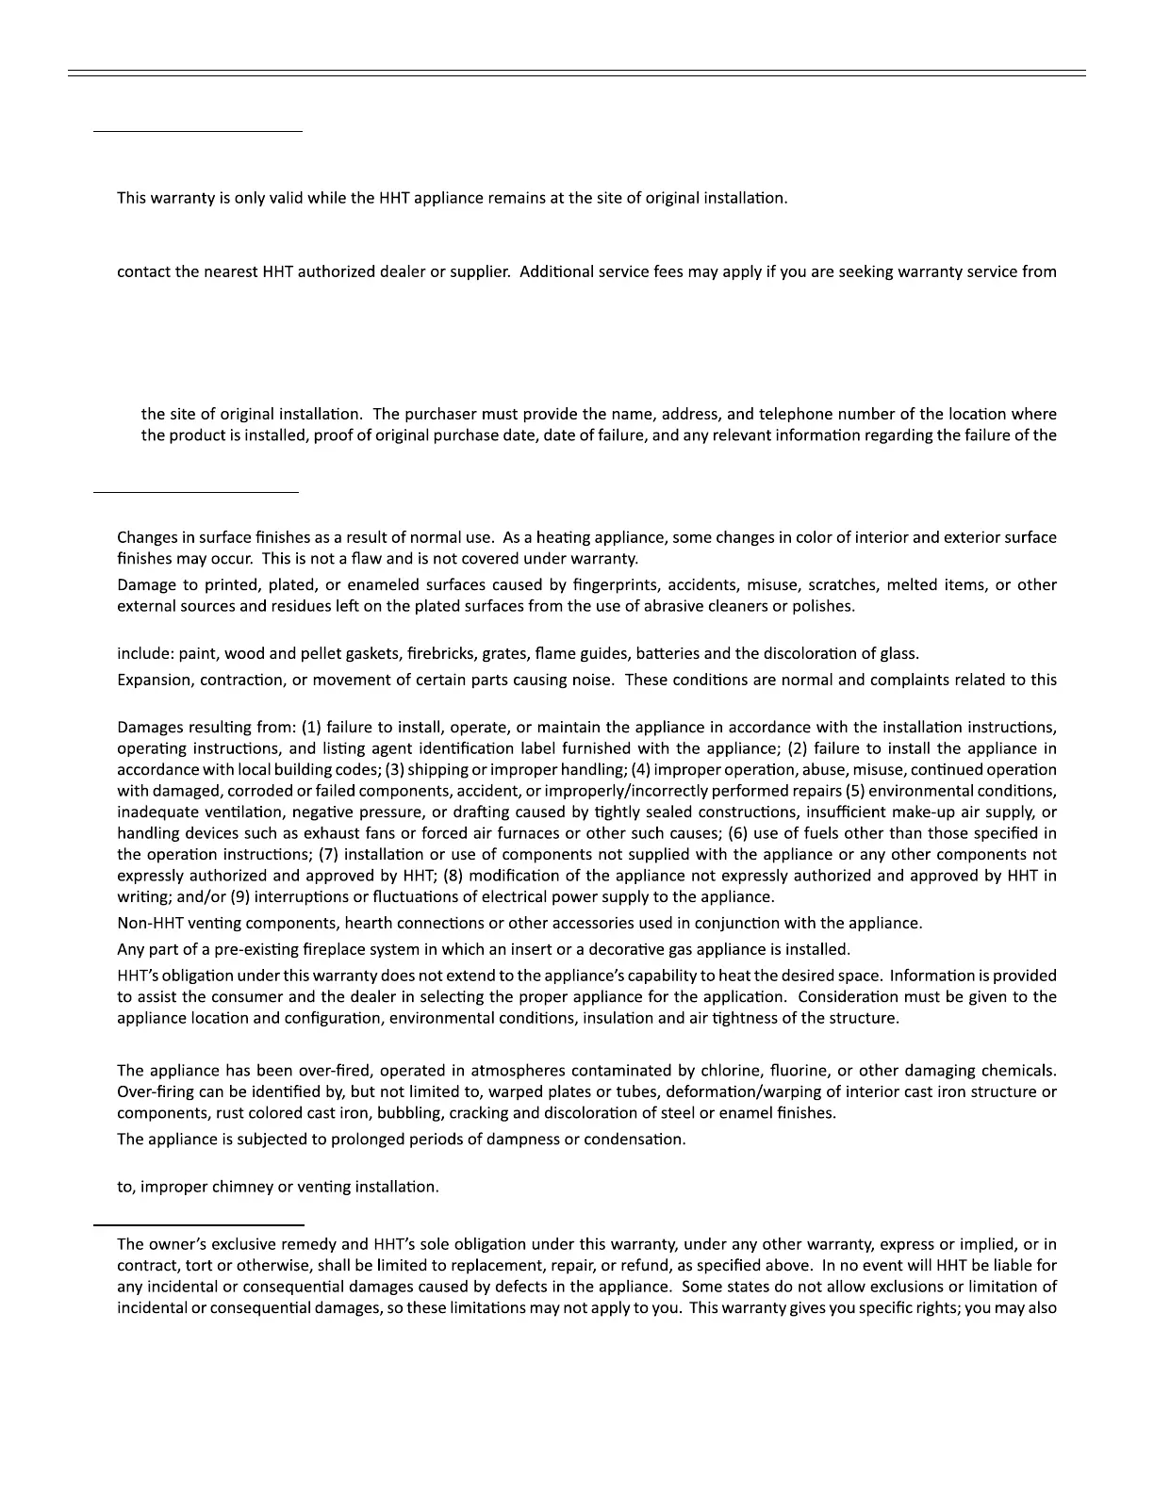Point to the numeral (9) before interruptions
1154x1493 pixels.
(x=240, y=897)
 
